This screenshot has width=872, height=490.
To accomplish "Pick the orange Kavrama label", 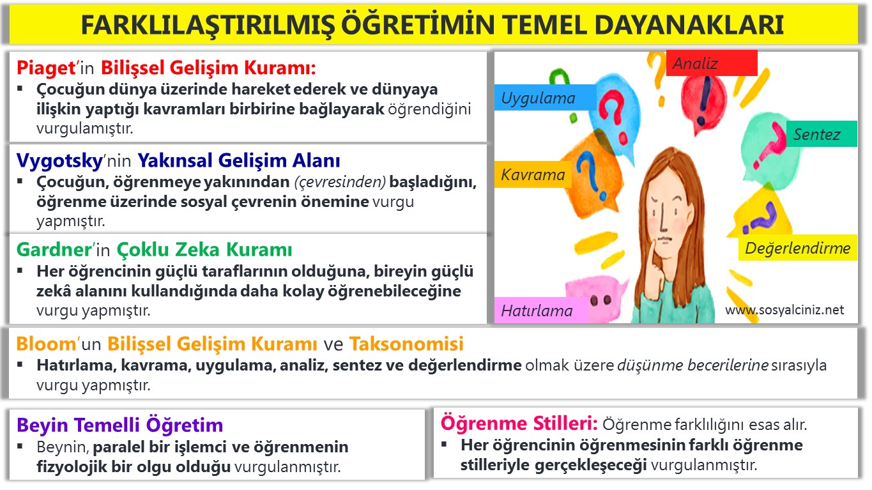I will click(533, 174).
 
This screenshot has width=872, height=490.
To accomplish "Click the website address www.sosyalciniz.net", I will click(784, 310).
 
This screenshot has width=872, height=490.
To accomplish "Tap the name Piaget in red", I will click(45, 68).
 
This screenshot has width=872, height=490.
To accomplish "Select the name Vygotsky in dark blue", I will click(59, 160).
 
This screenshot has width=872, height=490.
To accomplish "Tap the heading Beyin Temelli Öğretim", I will click(120, 425).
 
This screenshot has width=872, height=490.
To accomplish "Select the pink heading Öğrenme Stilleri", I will click(519, 423).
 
